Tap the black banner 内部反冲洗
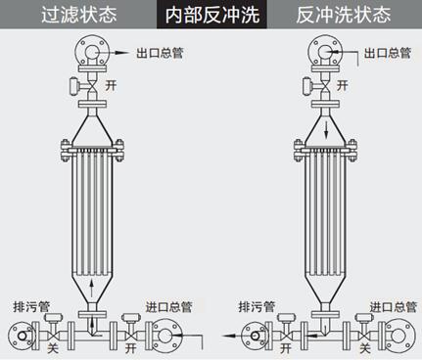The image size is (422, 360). (x=211, y=15)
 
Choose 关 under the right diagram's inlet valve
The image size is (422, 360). (x=364, y=347)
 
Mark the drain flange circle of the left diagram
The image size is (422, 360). (x=21, y=335)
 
